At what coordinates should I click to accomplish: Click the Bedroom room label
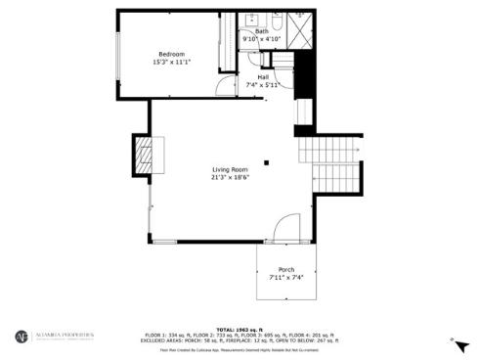click(171, 54)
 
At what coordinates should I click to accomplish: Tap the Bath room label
click(261, 31)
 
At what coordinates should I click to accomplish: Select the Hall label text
click(263, 76)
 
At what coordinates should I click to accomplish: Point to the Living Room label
click(230, 169)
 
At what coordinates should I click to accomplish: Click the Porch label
click(286, 269)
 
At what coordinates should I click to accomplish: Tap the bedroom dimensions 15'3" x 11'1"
click(171, 63)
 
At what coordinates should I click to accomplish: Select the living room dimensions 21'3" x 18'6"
click(231, 178)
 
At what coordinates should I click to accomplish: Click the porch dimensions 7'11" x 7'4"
click(286, 278)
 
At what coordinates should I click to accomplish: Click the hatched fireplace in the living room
click(144, 154)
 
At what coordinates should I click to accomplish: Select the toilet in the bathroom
click(276, 21)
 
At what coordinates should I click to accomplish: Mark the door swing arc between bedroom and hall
click(226, 86)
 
